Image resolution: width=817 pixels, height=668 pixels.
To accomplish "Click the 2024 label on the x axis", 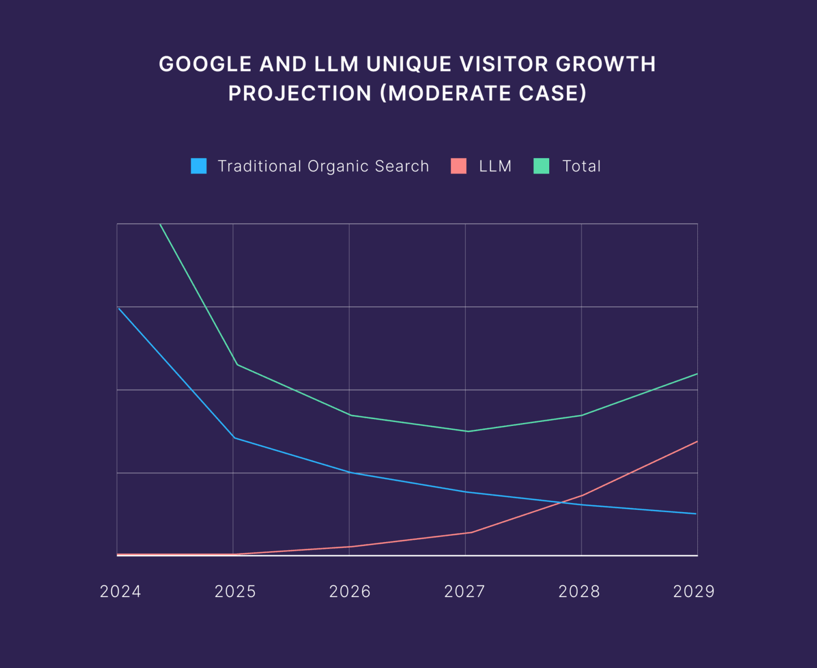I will [x=120, y=591].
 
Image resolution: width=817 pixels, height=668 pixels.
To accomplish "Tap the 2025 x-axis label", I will [x=235, y=591].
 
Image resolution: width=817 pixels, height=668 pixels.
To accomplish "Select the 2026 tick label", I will [x=350, y=591].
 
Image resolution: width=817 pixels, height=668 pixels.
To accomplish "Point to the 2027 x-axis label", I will [x=465, y=591].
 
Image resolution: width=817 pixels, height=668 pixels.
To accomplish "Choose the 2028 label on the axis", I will [x=579, y=591].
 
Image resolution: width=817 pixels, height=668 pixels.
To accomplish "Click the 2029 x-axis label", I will [x=694, y=591].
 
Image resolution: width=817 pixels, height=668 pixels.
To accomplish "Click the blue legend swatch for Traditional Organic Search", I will [x=199, y=166].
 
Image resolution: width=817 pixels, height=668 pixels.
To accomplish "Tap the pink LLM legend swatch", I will [x=458, y=166].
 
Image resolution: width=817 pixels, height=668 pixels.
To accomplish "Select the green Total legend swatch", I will [x=541, y=166].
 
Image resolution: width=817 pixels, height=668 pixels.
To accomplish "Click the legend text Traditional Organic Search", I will [x=323, y=166].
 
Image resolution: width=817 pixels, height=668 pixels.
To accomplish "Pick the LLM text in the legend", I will [x=495, y=166].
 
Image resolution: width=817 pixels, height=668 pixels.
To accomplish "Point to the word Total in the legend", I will [x=582, y=166].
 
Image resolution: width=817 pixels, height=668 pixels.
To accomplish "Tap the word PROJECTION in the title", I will [x=300, y=94].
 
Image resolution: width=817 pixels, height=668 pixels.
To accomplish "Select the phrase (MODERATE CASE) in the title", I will [x=483, y=94].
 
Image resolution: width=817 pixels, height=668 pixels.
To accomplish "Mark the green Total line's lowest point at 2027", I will [x=467, y=432].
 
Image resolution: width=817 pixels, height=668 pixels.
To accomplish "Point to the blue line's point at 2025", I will [x=234, y=438].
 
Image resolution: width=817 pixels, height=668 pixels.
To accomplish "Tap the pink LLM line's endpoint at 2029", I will [x=697, y=441].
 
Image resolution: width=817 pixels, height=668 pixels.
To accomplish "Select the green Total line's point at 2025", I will [x=236, y=364].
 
